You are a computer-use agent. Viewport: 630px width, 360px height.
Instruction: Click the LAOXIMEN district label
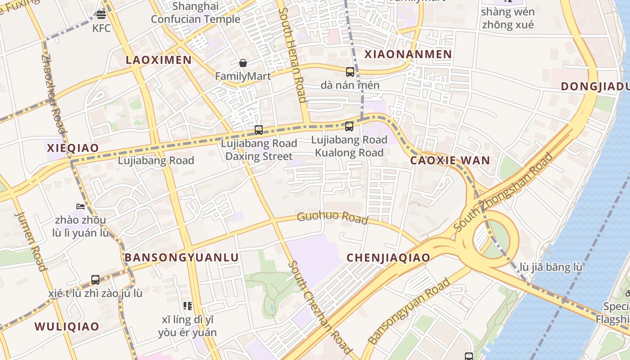coord(158,60)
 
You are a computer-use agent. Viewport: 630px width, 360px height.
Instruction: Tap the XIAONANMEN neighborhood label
coord(408,54)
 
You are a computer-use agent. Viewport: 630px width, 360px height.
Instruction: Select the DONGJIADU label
coord(595,86)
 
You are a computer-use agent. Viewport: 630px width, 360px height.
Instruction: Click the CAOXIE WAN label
coord(450,161)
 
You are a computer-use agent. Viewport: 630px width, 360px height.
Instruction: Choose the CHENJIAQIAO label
coord(388,258)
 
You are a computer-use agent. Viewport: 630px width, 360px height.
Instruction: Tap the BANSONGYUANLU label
coord(181,257)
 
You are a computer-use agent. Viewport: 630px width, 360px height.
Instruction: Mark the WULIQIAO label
coord(67,327)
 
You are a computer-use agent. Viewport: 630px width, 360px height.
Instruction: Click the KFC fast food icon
coord(101,15)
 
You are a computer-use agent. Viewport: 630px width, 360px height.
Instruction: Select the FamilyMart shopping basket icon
coord(243,63)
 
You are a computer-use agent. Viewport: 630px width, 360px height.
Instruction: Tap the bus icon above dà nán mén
coord(350,72)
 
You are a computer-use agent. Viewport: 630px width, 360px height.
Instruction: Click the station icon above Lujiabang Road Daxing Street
coord(259,130)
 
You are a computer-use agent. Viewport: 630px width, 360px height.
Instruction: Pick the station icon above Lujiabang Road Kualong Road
coord(349,126)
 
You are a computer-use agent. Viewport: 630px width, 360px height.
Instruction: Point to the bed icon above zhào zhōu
coord(81,207)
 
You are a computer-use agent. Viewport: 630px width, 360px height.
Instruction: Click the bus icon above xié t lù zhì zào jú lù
coord(95,279)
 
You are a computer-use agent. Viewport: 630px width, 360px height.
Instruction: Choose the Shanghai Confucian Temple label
coord(195,13)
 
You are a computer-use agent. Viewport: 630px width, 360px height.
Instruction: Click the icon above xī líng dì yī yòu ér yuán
coord(188,306)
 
